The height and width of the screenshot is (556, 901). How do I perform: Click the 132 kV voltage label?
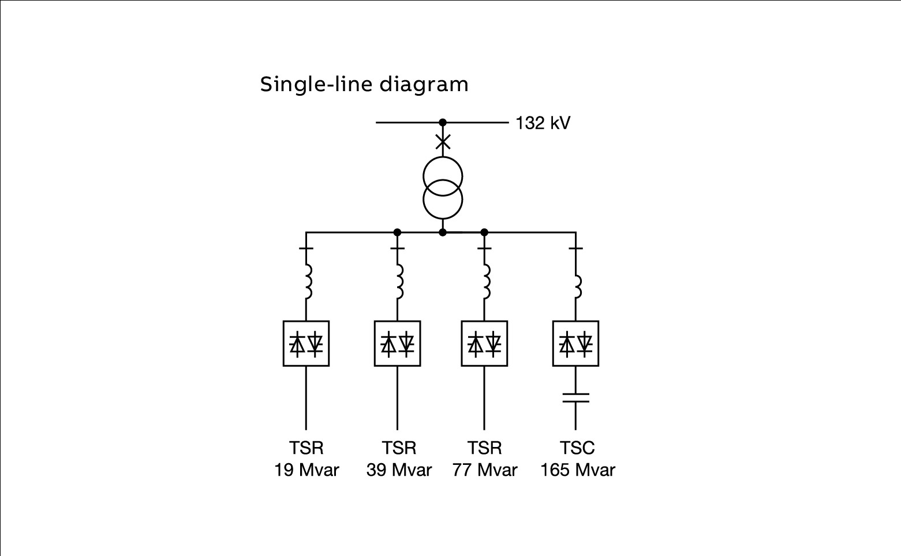coord(543,123)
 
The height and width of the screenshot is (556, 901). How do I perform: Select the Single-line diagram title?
coord(364,84)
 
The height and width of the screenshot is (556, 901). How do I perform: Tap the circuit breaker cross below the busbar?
coord(443,142)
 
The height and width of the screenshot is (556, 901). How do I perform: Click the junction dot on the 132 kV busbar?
coord(443,122)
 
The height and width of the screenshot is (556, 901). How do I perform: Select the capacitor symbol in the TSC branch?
coord(575,397)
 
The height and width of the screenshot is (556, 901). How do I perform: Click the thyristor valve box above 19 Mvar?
coord(306,343)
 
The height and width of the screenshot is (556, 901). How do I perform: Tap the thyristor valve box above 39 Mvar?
coord(397,343)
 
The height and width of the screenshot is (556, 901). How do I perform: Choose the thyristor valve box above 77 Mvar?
coord(484,343)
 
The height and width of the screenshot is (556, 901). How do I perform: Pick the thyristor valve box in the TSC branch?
coord(575,343)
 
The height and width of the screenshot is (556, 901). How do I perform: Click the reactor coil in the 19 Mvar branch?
coord(307,281)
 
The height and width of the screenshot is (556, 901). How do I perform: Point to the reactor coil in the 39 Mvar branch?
coord(399,281)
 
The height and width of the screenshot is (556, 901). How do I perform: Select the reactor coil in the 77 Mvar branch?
coord(486,281)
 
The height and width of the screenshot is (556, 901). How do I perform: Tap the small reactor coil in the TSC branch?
coord(577,287)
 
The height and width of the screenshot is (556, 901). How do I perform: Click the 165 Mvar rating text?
coord(577,470)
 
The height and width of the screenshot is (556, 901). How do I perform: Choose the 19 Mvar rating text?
coord(306,470)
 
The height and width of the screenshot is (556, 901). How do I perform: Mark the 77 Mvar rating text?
coord(484,470)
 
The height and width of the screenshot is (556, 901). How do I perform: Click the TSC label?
coord(577,448)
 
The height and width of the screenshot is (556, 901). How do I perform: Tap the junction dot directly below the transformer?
coord(443,232)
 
